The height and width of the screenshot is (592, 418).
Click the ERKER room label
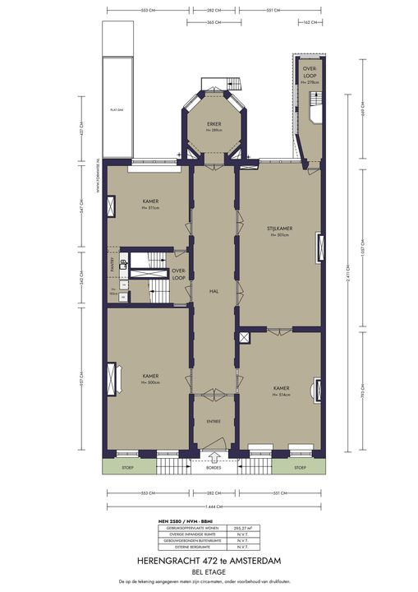pyautogui.click(x=214, y=124)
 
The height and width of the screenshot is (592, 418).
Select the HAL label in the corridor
pyautogui.click(x=214, y=291)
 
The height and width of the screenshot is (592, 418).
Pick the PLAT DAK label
pyautogui.click(x=117, y=108)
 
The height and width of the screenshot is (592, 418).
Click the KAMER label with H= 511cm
pyautogui.click(x=149, y=201)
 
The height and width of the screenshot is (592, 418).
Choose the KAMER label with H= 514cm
pyautogui.click(x=281, y=386)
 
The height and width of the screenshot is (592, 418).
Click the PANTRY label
pyautogui.click(x=112, y=264)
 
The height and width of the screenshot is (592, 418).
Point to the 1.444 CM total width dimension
pyautogui.click(x=214, y=505)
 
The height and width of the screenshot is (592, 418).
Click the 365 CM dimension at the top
pyautogui.click(x=214, y=22)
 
